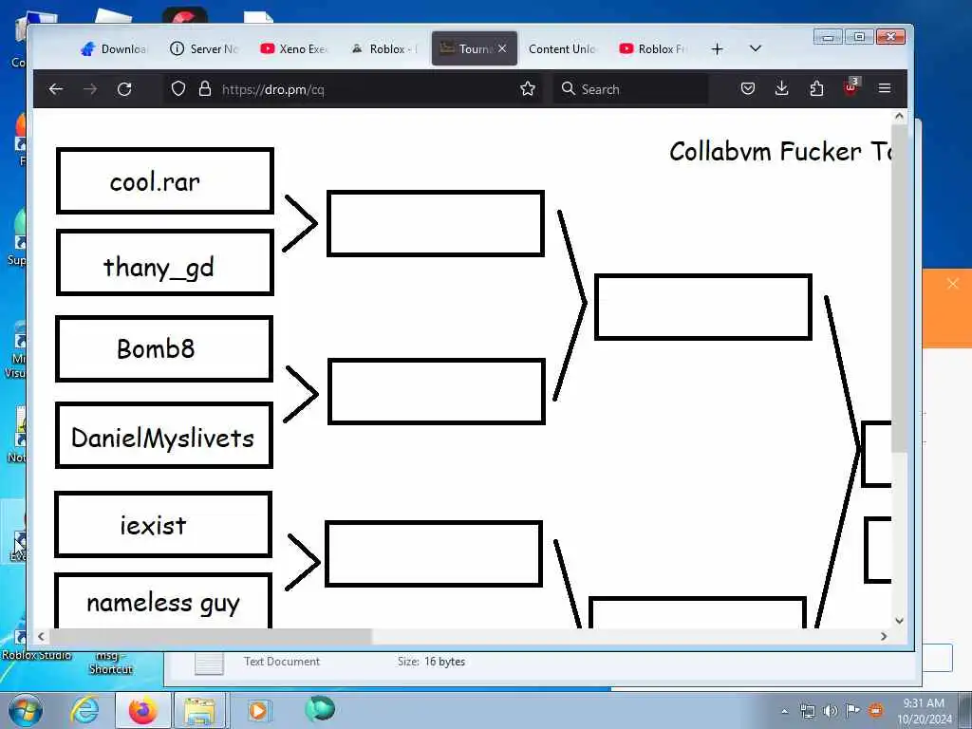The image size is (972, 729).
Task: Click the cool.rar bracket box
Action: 165,180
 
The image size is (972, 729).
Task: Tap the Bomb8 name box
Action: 164,348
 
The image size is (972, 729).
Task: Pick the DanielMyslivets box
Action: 164,436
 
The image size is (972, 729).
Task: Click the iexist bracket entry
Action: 163,524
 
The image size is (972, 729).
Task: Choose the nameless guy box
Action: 163,602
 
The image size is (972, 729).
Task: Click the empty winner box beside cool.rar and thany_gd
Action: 436,224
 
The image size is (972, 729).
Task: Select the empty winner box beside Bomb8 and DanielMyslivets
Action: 437,391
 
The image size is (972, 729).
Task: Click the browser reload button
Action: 124,89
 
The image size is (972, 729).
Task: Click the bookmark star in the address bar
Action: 528,89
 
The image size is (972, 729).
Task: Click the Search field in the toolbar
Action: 631,89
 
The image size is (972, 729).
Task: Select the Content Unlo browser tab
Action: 562,49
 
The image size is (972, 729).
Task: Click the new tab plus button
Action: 717,49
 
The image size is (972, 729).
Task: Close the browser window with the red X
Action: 889,37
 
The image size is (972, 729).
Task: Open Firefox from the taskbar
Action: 142,710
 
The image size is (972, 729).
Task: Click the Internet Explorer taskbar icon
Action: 84,710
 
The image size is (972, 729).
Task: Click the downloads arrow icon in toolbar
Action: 782,89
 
